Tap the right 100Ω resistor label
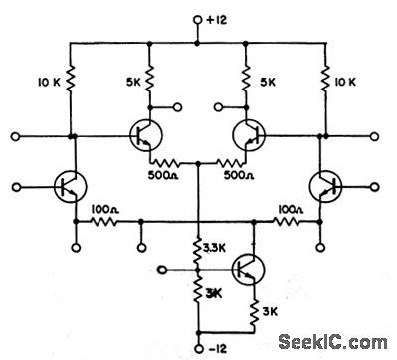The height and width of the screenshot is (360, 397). point(292,210)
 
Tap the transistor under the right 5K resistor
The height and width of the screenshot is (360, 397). point(250,133)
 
